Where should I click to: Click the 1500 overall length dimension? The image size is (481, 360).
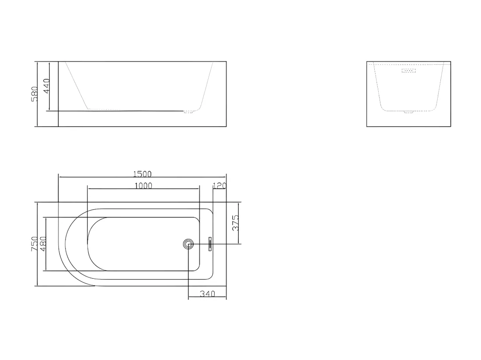click(143, 174)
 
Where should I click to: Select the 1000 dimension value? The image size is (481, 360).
click(143, 186)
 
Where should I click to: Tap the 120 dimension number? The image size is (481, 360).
click(220, 186)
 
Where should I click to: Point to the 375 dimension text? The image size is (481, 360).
click(235, 223)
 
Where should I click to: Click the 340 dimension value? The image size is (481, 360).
click(207, 294)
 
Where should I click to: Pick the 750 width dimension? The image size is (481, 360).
click(35, 244)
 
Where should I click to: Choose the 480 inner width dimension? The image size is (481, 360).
click(43, 244)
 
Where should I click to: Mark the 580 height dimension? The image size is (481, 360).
click(35, 94)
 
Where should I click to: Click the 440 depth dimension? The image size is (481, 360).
click(46, 86)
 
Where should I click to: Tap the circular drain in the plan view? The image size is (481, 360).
click(188, 244)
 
